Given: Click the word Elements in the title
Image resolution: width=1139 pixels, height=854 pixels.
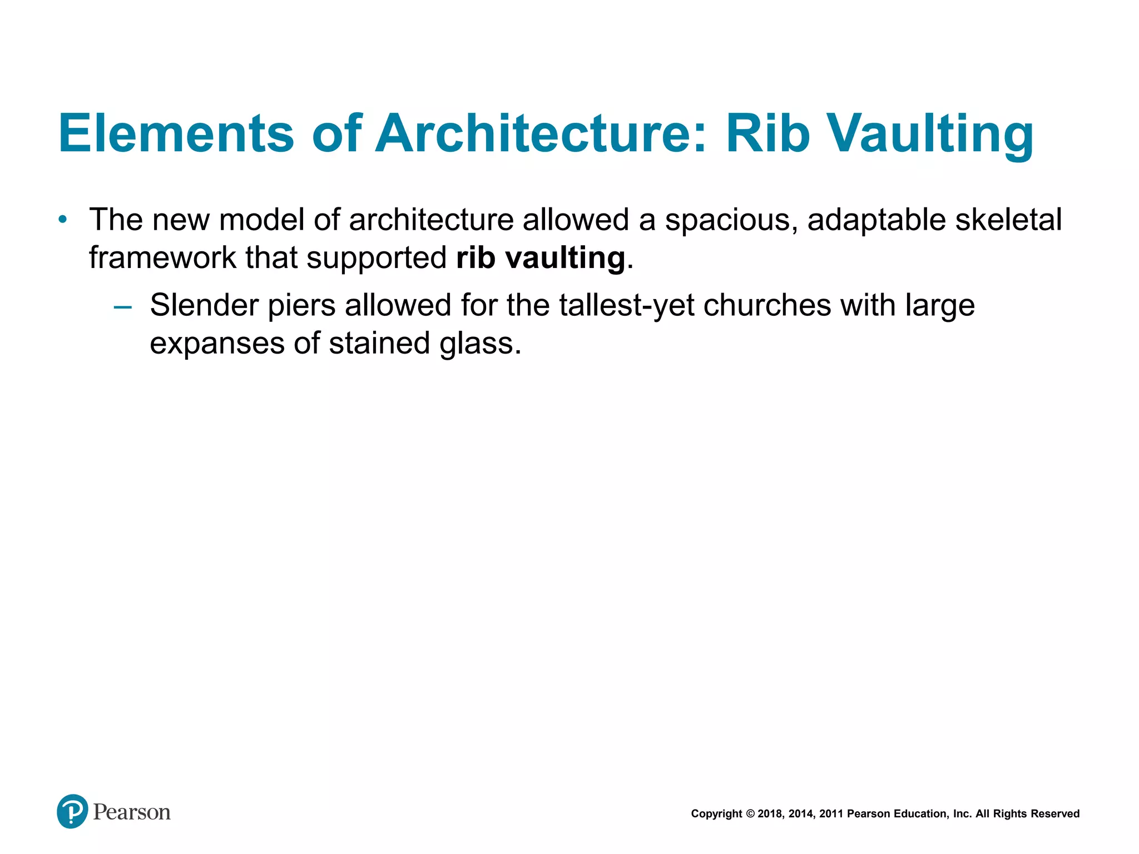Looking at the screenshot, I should [x=176, y=133].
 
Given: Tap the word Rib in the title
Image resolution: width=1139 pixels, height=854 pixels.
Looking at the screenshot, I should [x=767, y=133].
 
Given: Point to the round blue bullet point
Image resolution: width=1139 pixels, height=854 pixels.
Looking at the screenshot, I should [x=63, y=220].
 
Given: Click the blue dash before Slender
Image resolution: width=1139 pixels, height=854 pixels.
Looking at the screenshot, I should [x=122, y=306].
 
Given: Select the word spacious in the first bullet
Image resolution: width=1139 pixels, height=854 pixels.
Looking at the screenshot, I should [x=731, y=221].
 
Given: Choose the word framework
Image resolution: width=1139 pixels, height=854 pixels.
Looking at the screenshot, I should [x=162, y=257].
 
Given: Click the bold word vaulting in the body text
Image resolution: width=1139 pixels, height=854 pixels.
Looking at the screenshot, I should [x=565, y=259].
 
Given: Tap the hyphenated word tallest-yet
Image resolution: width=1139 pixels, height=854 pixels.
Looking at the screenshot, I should [x=627, y=306].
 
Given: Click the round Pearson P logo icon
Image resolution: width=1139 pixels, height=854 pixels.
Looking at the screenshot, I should [x=72, y=811].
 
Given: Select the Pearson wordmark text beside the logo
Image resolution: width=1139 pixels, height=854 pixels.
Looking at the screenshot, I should [x=132, y=812].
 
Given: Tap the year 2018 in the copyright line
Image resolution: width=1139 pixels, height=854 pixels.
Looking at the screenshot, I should [x=769, y=814].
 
